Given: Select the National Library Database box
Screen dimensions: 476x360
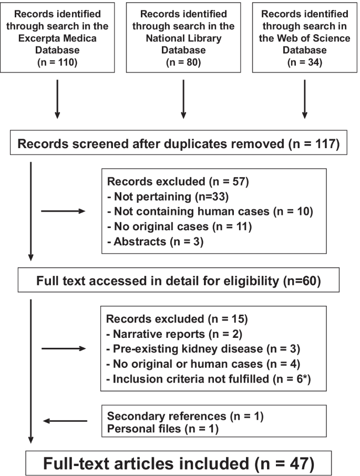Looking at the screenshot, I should point(183,37).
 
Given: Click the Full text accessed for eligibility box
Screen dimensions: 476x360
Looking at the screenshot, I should point(179,280).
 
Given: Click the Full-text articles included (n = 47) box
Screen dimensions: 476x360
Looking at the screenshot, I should point(179,462).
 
